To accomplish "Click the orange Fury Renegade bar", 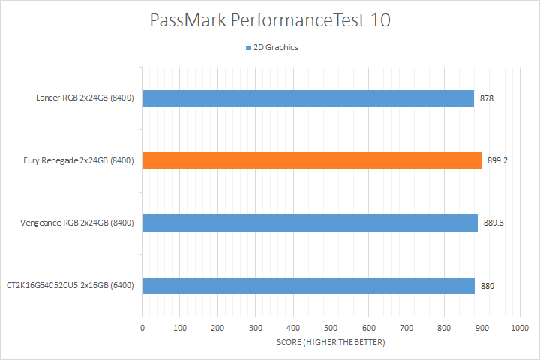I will pyautogui.click(x=311, y=160).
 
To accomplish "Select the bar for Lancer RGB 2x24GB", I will pyautogui.click(x=307, y=98).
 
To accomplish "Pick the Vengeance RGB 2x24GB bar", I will pyautogui.click(x=310, y=223).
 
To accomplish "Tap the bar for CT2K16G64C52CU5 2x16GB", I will pyautogui.click(x=308, y=286).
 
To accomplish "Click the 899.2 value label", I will pyautogui.click(x=497, y=160).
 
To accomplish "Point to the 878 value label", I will pyautogui.click(x=487, y=98).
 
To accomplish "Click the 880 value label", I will pyautogui.click(x=487, y=286).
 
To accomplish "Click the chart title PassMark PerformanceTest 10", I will pyautogui.click(x=270, y=20).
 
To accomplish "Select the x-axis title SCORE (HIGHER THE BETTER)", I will pyautogui.click(x=331, y=343).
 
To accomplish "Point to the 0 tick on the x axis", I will pyautogui.click(x=142, y=328).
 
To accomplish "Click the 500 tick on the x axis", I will pyautogui.click(x=331, y=328).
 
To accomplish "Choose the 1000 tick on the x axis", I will pyautogui.click(x=519, y=328).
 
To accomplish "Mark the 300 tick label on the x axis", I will pyautogui.click(x=256, y=328).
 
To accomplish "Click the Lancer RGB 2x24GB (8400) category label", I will pyautogui.click(x=85, y=98).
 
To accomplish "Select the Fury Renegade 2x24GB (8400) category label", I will pyautogui.click(x=79, y=160).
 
